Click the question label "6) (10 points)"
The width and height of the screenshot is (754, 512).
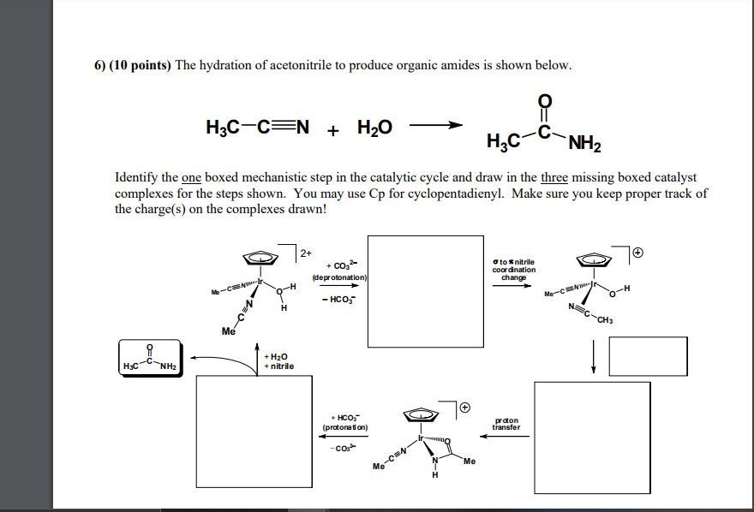pyautogui.click(x=133, y=66)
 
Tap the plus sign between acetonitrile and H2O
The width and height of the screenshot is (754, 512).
pyautogui.click(x=332, y=128)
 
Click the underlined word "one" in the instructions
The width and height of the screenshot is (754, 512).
pyautogui.click(x=191, y=177)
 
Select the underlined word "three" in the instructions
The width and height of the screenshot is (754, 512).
pyautogui.click(x=556, y=177)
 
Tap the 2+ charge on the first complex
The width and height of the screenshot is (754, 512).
pyautogui.click(x=306, y=253)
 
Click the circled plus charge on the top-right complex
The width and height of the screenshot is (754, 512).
pyautogui.click(x=638, y=253)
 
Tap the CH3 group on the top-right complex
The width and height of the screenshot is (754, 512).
pyautogui.click(x=605, y=321)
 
